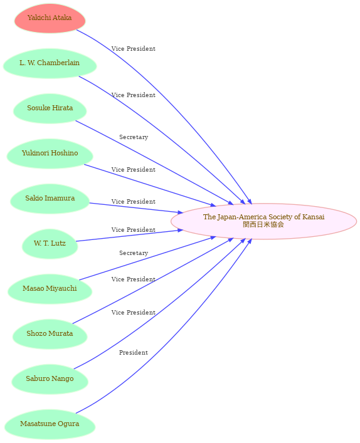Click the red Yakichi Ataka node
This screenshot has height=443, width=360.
50,18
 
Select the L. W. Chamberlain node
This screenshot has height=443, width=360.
50,63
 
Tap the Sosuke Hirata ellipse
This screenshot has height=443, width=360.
50,108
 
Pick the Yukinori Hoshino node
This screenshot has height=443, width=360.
50,154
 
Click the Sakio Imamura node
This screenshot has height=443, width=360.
50,199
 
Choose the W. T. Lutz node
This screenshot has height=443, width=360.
50,244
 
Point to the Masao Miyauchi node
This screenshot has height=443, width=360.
50,289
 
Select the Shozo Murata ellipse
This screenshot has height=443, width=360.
50,334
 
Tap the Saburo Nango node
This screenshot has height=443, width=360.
50,379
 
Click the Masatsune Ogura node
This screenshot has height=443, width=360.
50,424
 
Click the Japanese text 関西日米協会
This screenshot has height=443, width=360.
263,224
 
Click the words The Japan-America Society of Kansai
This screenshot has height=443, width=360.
263,217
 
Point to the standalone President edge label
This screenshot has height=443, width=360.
134,353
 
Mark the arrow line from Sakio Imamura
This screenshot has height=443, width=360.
136,208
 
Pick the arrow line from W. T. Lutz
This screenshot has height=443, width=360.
130,236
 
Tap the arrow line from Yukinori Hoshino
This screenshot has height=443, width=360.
150,185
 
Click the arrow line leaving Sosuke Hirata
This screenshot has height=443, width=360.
154,162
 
